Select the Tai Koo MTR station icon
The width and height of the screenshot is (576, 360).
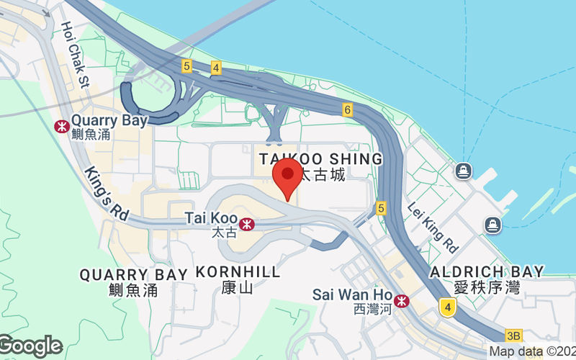click(247, 224)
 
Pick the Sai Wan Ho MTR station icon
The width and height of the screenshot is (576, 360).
click(402, 300)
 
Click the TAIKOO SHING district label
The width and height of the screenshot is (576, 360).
click(320, 158)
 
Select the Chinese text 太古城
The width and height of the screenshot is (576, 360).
click(322, 174)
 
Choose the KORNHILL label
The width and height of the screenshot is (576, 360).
click(238, 273)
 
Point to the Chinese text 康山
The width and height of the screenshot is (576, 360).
click(237, 289)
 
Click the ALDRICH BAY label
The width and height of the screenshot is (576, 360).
click(486, 271)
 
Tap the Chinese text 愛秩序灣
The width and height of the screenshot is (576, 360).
click(486, 287)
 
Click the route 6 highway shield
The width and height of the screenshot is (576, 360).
click(348, 109)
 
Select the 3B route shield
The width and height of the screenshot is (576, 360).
click(513, 336)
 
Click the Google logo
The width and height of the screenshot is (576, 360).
click(30, 346)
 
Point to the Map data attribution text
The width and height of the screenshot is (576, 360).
click(532, 351)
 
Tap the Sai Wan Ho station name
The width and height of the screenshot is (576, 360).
click(352, 294)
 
